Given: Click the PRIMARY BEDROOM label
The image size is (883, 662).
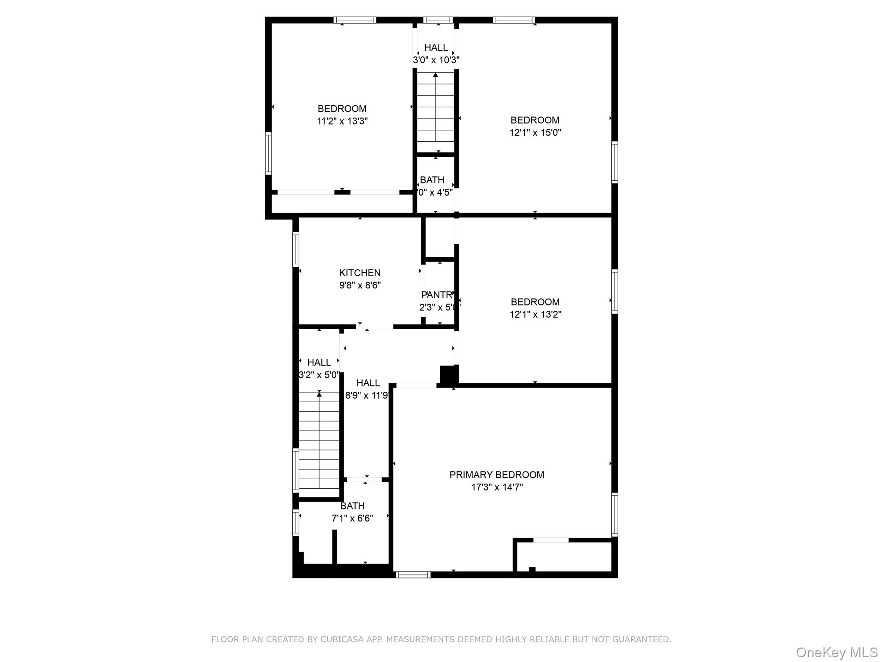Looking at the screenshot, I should coord(497,475).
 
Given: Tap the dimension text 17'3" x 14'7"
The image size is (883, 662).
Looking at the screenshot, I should coord(497,487).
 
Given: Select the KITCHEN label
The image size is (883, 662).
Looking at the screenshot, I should coord(360,273).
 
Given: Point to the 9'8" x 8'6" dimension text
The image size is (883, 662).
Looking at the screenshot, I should coord(360,285).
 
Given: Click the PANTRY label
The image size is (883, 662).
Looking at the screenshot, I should coord(437,295).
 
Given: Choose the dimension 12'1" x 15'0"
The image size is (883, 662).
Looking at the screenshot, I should coord(535,133).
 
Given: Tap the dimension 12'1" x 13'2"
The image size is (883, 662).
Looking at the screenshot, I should coord(535,315).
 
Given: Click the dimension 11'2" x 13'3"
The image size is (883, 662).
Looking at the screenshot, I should coord(342,121).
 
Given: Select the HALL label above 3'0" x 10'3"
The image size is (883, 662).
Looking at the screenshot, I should coord(436,47).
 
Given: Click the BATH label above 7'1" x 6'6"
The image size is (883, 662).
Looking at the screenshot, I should coord(352,506).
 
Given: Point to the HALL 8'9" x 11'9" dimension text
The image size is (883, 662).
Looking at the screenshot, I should coord(366,396).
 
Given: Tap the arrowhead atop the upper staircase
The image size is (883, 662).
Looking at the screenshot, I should coord(435,75).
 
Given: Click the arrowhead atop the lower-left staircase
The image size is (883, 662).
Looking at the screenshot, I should coord(319,393).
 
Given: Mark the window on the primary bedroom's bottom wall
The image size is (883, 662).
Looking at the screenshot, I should coord(413,575).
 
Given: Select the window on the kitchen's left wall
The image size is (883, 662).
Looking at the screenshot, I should coord(296,249).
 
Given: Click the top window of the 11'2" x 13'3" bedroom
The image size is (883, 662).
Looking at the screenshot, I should coord(355,20).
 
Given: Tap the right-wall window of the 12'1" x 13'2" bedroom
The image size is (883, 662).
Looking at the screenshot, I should coord(615,291).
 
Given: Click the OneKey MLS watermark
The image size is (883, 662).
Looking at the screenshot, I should coord(836,652).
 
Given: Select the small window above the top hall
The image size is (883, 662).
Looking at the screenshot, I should coord(438,20).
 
